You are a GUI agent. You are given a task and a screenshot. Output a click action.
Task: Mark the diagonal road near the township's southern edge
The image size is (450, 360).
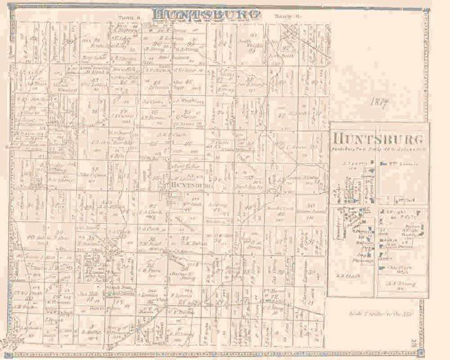pyautogui.click(x=159, y=312)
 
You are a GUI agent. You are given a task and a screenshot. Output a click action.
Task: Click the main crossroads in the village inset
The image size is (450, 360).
pyautogui.click(x=376, y=206)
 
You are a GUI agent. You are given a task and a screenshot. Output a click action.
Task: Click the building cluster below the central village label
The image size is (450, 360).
pyautogui.click(x=172, y=197)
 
